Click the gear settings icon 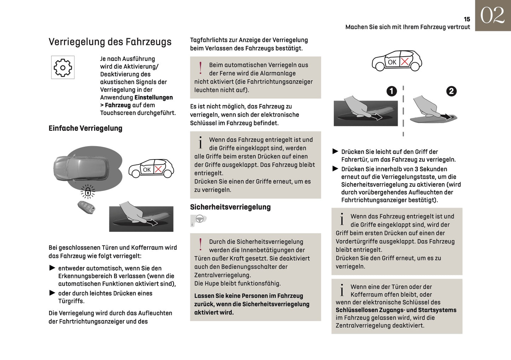[x=63, y=67]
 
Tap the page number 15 [x=467, y=19]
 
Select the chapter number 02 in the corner [x=492, y=16]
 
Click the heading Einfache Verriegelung [x=85, y=128]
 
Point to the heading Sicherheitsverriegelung [x=230, y=207]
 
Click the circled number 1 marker [x=391, y=91]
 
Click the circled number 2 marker [x=451, y=91]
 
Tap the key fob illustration [x=87, y=207]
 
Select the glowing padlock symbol [x=88, y=192]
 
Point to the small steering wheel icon [x=199, y=219]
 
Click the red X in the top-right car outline [x=405, y=62]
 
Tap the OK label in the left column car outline [x=146, y=170]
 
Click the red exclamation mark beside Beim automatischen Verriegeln [x=201, y=68]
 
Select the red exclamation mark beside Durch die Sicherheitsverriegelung [x=201, y=244]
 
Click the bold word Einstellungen [x=153, y=98]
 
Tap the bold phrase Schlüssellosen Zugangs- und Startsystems [x=396, y=310]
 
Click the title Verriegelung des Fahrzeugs [x=110, y=42]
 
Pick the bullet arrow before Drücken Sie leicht [x=335, y=151]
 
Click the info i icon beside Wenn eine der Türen [x=342, y=290]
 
